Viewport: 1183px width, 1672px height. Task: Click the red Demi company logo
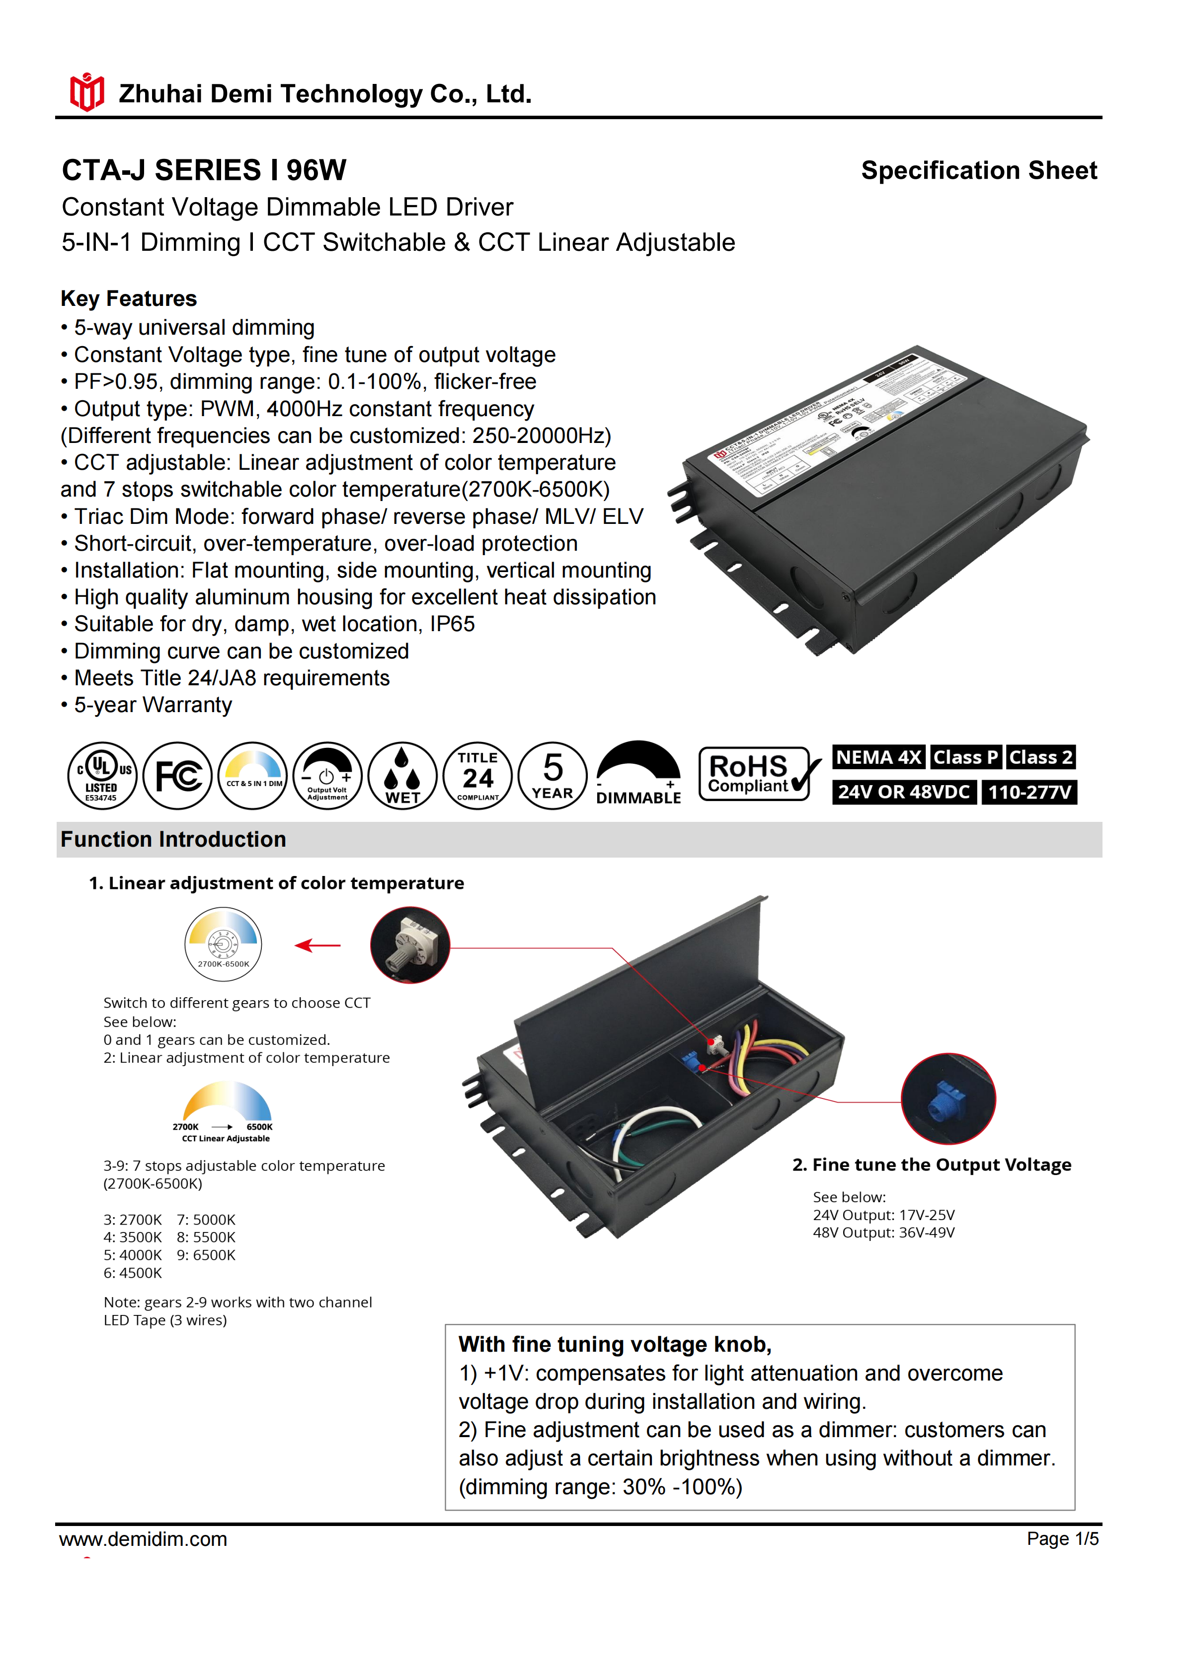tap(86, 92)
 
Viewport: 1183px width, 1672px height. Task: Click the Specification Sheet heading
tap(978, 170)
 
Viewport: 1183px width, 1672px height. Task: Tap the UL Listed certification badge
tap(102, 776)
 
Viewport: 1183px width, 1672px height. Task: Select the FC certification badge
tap(178, 776)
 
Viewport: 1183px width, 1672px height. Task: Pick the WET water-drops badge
tap(402, 776)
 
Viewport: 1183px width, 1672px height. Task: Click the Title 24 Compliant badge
tap(478, 776)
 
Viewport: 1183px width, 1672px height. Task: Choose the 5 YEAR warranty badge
tap(553, 776)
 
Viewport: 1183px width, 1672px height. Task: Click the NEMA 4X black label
tap(878, 757)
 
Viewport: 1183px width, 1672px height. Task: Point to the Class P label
tap(965, 757)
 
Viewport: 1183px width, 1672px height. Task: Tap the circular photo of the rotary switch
tap(410, 945)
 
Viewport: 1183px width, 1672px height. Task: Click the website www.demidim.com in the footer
tap(144, 1539)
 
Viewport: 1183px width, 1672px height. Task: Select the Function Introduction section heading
tap(173, 840)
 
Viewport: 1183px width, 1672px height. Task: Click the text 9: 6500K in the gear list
tap(206, 1255)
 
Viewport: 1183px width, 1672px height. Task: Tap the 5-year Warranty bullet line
tap(153, 705)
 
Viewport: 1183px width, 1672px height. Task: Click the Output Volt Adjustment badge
tap(327, 776)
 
